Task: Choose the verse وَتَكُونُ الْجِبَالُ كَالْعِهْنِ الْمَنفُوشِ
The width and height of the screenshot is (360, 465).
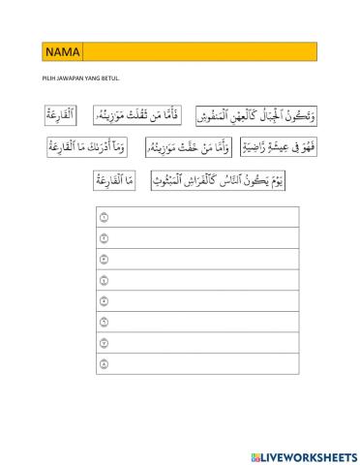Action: click(256, 117)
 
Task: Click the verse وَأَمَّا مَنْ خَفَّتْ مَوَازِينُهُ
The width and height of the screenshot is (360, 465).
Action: click(188, 148)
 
